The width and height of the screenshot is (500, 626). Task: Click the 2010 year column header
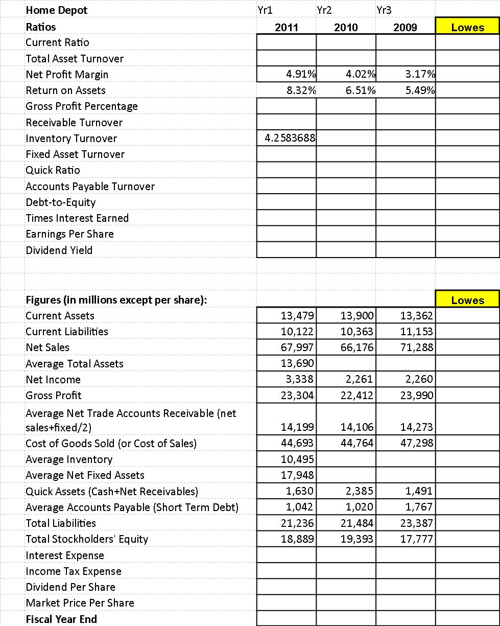tap(346, 27)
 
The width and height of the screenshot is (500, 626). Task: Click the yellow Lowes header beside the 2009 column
tap(467, 27)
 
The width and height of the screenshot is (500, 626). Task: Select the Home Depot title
tap(57, 10)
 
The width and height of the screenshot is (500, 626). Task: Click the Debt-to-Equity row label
tap(61, 202)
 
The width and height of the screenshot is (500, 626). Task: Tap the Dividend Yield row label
tap(59, 250)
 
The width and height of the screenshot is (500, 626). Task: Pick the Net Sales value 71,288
tap(418, 347)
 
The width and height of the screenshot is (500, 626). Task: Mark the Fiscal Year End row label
tap(61, 619)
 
